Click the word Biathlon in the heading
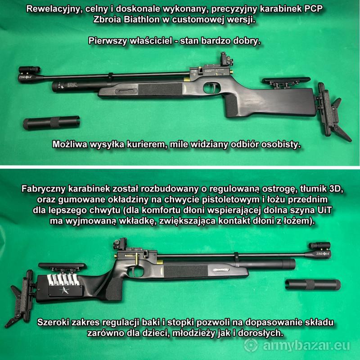click(142, 20)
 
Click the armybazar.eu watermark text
click(306, 346)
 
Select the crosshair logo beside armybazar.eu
click(251, 345)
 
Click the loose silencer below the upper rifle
click(51, 122)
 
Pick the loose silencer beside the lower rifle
click(313, 285)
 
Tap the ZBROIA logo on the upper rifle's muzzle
click(25, 77)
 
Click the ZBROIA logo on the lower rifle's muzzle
click(323, 254)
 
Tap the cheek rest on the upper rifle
click(286, 81)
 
